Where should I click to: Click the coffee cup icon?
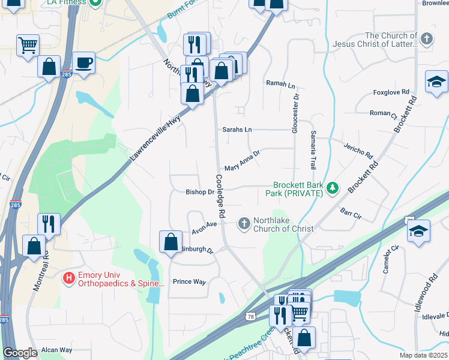tap(83, 62)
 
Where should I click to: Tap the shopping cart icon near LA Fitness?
tap(28, 44)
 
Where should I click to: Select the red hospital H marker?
tap(69, 278)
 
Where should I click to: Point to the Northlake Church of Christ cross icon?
tap(244, 224)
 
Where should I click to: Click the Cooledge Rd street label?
tap(220, 196)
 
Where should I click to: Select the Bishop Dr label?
tap(199, 193)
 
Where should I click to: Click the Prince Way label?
tap(189, 281)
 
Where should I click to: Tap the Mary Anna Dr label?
tap(242, 161)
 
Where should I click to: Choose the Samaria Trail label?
tap(313, 149)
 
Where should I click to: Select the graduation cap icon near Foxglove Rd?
tap(436, 81)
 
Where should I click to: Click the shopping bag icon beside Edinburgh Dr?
tap(170, 242)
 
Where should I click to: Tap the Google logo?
tap(20, 353)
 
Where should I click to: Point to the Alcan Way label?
tap(56, 350)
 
